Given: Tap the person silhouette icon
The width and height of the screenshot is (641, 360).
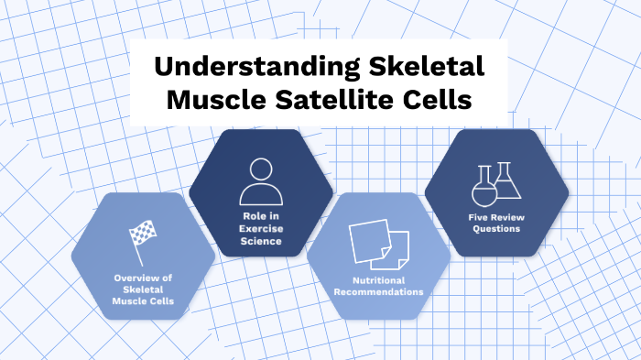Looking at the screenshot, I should (259, 182).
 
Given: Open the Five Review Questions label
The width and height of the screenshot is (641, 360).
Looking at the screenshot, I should (495, 223).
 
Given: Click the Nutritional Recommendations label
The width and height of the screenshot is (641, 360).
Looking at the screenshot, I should (377, 286).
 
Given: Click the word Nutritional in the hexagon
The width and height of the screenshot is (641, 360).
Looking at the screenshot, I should (377, 279).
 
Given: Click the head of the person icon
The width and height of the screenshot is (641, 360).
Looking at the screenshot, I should (259, 170).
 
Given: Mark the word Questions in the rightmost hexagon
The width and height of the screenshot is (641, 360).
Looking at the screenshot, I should (495, 228).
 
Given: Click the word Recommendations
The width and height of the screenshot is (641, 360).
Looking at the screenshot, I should (377, 291).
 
